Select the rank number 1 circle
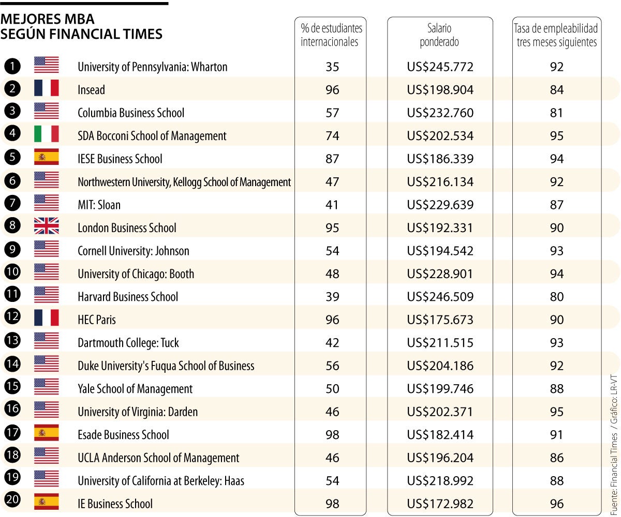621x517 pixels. [x=11, y=66]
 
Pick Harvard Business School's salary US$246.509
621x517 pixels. [x=440, y=297]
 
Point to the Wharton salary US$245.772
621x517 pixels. [x=440, y=67]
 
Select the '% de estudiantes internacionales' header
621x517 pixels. [x=332, y=35]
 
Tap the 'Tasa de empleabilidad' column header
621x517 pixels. [x=556, y=35]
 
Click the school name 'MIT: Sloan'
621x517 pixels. [x=99, y=205]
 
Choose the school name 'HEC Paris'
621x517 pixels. [x=96, y=320]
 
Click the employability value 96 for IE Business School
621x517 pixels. [x=557, y=504]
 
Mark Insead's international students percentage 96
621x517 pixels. [x=332, y=90]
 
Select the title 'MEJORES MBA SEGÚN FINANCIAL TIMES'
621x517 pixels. [x=81, y=27]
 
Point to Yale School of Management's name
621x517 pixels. [x=135, y=389]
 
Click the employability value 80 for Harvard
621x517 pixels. [x=557, y=297]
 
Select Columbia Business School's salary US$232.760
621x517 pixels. [x=440, y=113]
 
